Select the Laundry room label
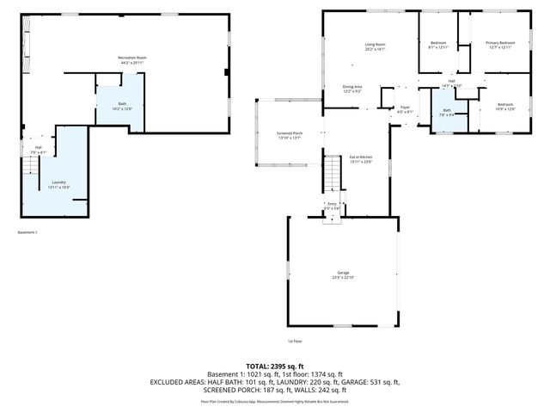coord(59,182)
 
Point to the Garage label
coord(343,272)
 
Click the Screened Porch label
coord(289,133)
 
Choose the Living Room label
coord(375,44)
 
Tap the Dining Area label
coord(352,87)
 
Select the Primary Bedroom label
coord(499,43)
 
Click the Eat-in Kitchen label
coord(360,157)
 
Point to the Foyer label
coord(404,108)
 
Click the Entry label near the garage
coord(332,204)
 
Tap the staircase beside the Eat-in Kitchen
coord(333,175)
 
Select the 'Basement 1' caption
coord(28,232)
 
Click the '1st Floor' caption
coord(296,340)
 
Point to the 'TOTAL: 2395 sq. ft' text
coord(275,366)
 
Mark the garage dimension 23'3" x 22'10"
coord(343,277)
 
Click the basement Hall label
coord(38,148)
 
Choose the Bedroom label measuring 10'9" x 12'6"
coord(504,104)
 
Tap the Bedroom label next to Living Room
coord(438,43)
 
